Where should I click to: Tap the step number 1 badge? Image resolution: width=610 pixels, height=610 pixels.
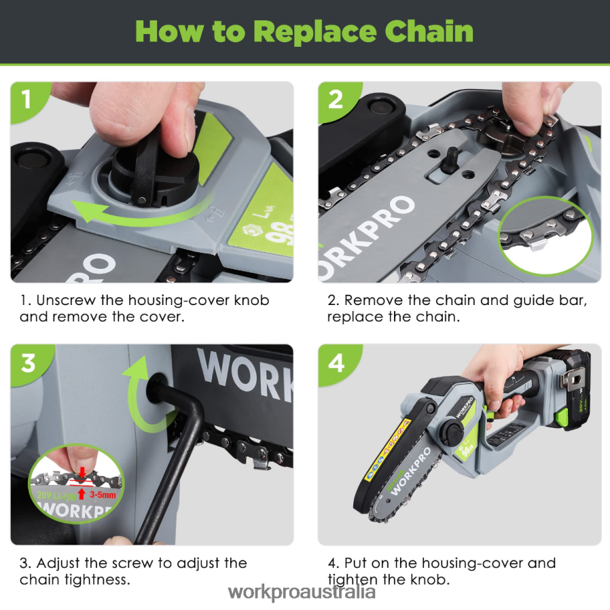[26, 99]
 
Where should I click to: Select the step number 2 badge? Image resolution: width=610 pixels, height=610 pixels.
[336, 99]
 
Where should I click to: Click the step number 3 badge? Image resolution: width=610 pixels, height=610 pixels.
[28, 363]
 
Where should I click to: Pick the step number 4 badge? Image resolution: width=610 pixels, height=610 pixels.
[336, 363]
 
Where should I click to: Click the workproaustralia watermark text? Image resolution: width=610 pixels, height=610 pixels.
[302, 592]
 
